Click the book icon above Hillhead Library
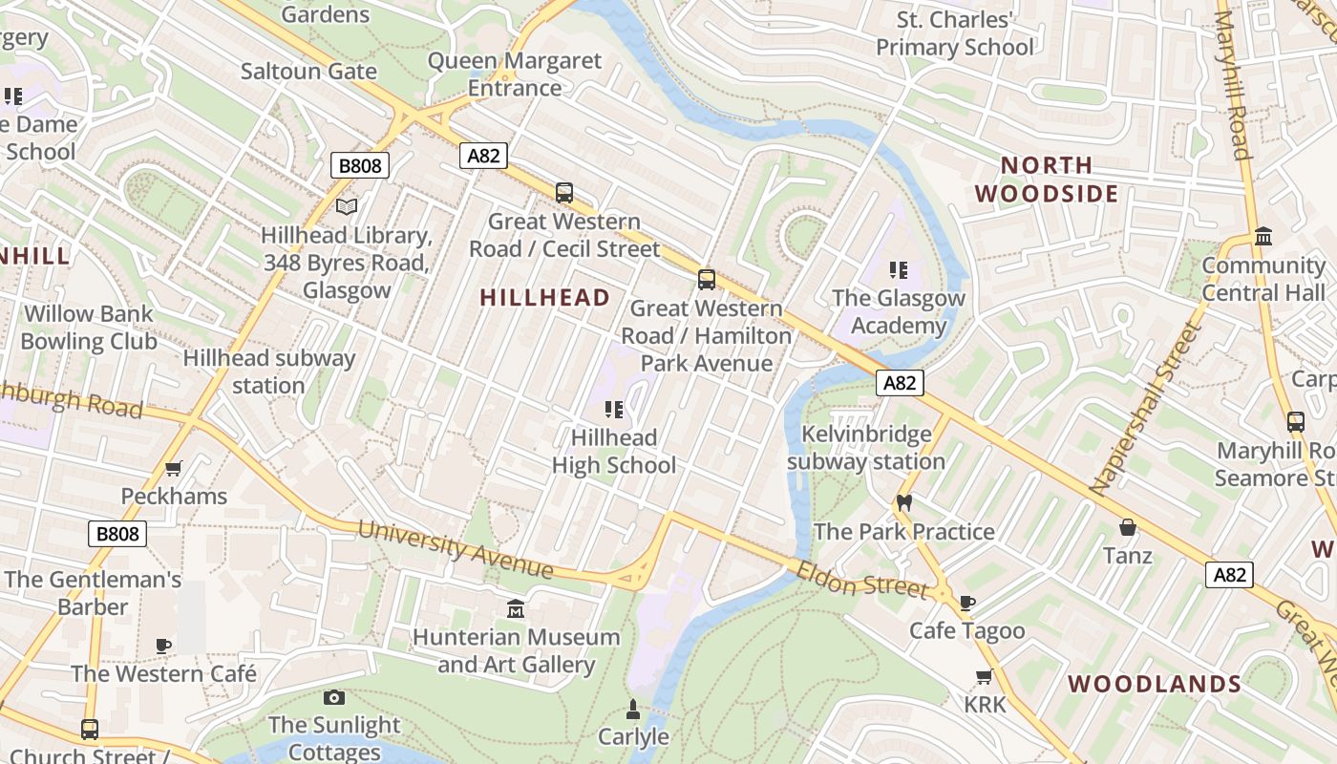[x=348, y=206]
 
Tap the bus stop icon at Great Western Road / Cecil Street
[x=564, y=192]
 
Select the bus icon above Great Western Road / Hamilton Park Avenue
[x=706, y=279]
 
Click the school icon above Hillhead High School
[x=614, y=410]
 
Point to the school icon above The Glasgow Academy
[x=898, y=270]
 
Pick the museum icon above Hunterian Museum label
[x=516, y=608]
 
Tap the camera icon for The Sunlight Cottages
[x=333, y=697]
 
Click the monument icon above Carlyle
[x=632, y=709]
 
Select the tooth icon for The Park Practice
[x=903, y=503]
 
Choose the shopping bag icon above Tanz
[x=1127, y=527]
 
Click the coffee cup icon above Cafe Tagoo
[x=966, y=603]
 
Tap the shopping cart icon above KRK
[x=984, y=676]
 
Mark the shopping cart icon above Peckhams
[x=174, y=468]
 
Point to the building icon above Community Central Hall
[x=1263, y=236]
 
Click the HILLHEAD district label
[x=544, y=298]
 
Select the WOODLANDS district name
[x=1154, y=684]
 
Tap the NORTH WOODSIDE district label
[x=1046, y=180]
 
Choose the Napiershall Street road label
[x=1143, y=409]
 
